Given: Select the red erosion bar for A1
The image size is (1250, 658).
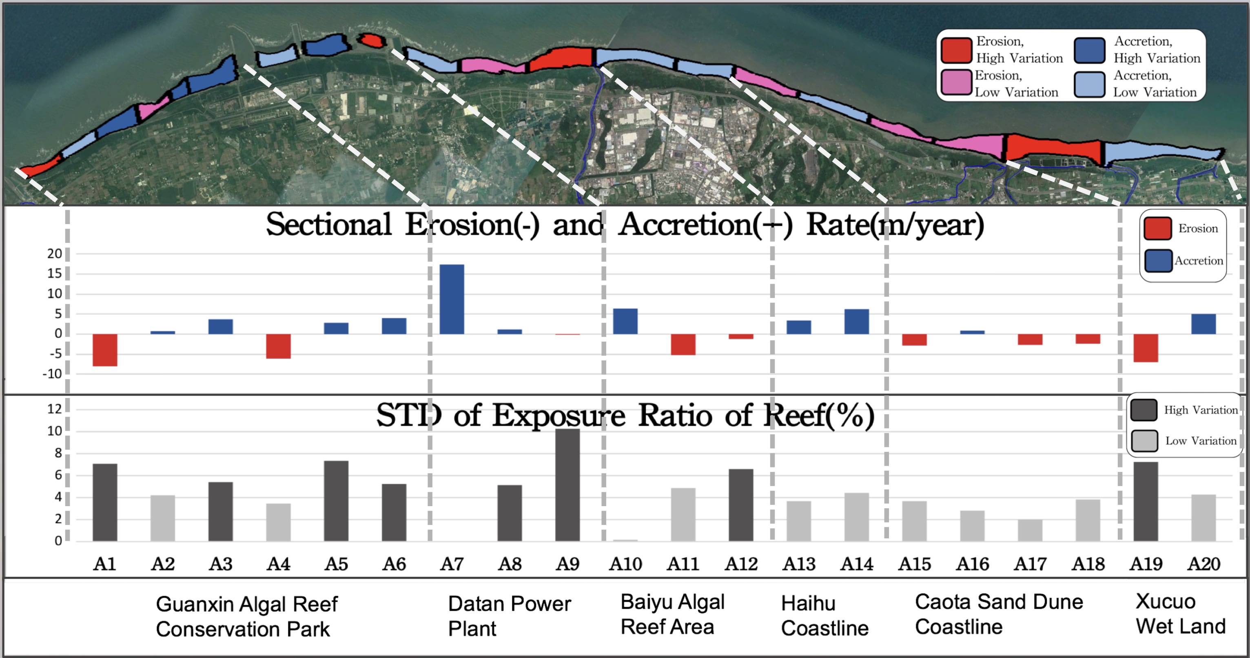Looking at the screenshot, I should tap(105, 350).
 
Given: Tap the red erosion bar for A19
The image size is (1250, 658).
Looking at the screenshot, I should tap(1146, 348).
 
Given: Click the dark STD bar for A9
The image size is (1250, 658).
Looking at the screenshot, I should tap(567, 485).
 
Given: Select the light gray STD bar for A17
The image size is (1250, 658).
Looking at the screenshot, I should tap(1030, 530).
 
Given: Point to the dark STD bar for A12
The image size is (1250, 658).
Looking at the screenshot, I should tap(741, 505).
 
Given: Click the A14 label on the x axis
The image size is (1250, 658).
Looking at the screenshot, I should tap(856, 564).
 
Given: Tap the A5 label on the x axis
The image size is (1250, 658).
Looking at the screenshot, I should tap(336, 564).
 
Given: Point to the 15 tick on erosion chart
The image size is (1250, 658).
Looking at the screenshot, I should tap(54, 274).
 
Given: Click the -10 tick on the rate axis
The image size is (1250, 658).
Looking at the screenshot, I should tap(52, 374).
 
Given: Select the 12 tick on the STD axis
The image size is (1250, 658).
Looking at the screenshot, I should tap(54, 409).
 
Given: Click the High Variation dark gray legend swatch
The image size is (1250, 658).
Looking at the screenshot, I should tap(1144, 410).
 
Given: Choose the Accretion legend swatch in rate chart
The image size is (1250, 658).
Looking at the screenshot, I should tap(1158, 261).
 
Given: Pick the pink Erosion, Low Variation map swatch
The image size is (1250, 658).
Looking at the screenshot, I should tap(956, 82).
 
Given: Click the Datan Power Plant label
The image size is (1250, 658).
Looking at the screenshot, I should tap(509, 616).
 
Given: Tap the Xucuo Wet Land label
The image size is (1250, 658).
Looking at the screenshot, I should tap(1180, 614).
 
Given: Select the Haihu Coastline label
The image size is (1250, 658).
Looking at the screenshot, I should tap(824, 616).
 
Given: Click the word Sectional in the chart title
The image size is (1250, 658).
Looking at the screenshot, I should tap(328, 225).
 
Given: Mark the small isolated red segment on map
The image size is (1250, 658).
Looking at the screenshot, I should tap(372, 40).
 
